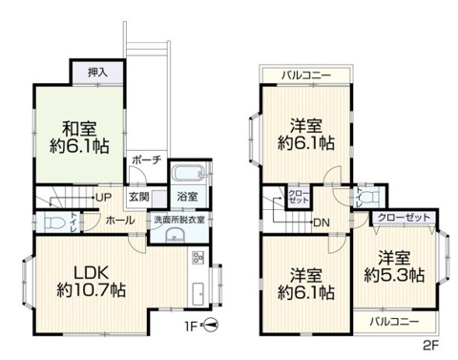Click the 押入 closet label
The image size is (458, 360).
(97, 72)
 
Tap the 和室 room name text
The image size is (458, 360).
(80, 127)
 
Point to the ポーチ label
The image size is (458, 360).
(146, 159)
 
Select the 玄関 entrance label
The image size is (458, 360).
(139, 197)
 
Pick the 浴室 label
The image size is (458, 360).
(187, 197)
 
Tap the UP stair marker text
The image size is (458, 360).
(104, 198)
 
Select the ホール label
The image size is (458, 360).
(120, 221)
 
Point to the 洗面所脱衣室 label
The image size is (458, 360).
(179, 220)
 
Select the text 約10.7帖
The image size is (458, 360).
(92, 289)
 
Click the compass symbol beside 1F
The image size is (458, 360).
(213, 325)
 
